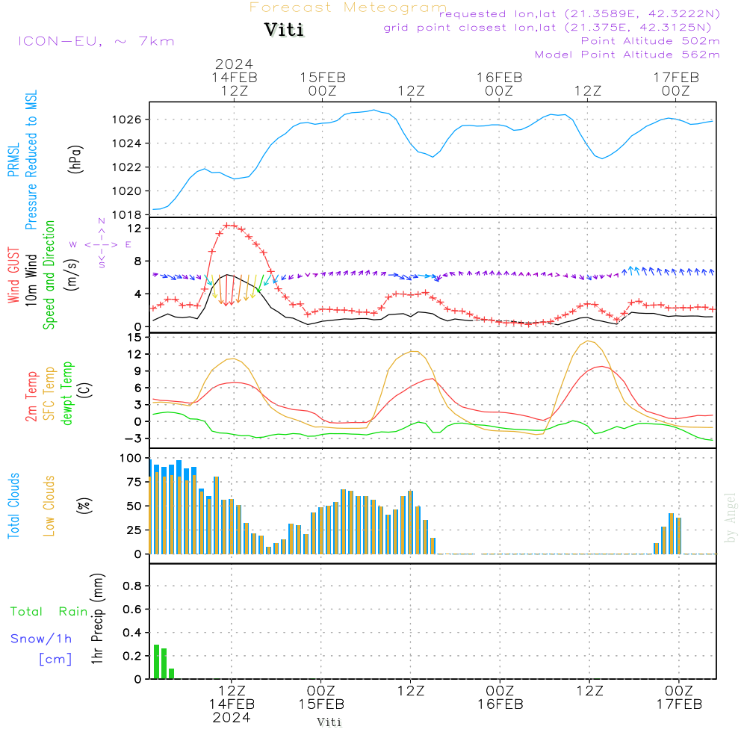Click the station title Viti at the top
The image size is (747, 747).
[284, 31]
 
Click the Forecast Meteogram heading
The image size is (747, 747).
[348, 7]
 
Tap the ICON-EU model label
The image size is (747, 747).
[96, 40]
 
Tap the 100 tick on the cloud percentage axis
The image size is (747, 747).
[131, 457]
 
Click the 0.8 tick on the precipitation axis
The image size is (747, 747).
[132, 586]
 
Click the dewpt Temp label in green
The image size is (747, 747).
[67, 394]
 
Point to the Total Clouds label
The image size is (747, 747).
[13, 506]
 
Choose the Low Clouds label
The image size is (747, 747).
[49, 506]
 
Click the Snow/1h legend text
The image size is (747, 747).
[42, 639]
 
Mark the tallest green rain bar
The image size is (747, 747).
[156, 661]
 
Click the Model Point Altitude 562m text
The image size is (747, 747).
[627, 55]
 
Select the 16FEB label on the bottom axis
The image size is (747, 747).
[500, 704]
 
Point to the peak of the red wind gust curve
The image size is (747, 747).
[230, 225]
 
